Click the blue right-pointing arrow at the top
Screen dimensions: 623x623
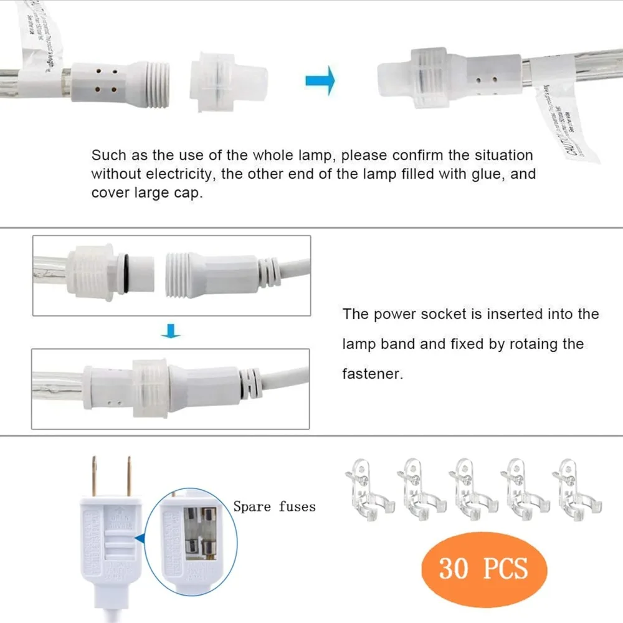(x=320, y=80)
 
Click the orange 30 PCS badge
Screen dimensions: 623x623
(x=483, y=568)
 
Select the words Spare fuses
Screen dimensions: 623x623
(x=274, y=506)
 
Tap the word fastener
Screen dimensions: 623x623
(x=373, y=374)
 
